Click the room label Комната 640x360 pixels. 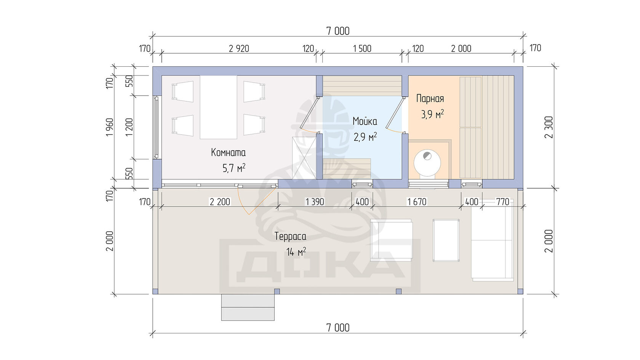pos(228,152)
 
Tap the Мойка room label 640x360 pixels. pos(365,122)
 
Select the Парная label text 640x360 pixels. pos(430,99)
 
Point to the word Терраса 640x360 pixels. pos(290,237)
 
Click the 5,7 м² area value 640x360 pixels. pos(234,168)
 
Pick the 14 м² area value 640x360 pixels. pos(296,252)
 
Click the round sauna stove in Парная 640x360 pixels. pos(427,163)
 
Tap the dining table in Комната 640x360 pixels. pos(218,107)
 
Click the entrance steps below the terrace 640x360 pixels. pos(248,307)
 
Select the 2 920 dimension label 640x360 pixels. pos(239,49)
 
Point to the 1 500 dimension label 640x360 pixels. pos(362,49)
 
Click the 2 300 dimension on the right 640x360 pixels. pos(549,127)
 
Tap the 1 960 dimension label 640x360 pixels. pos(110,127)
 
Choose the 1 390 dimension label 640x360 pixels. pos(315,202)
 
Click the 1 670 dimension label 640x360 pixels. pos(417,202)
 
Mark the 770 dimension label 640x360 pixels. pos(502,202)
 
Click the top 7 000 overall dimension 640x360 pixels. pos(338,31)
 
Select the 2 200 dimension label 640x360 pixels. pos(220,202)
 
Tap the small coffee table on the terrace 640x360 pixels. pos(446,240)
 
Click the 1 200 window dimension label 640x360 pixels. pos(130,127)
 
